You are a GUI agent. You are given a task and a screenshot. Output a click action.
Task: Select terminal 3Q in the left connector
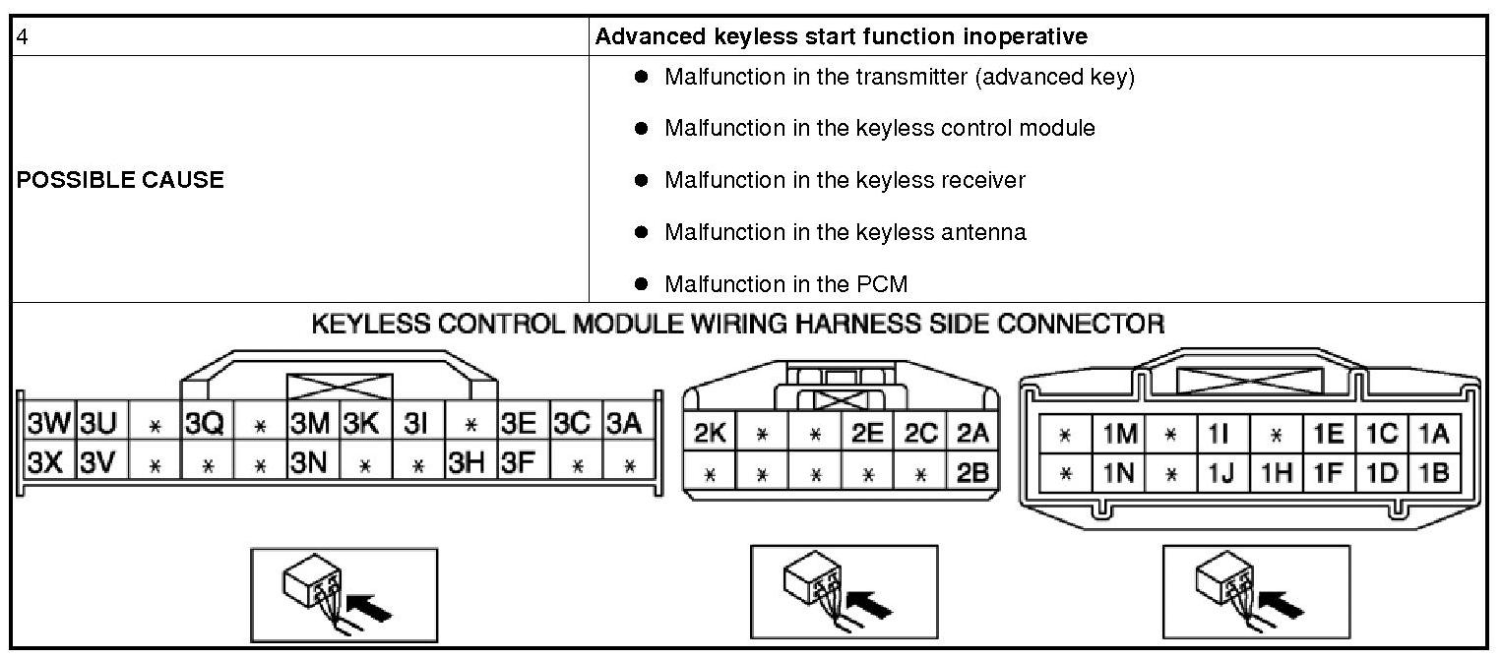pos(205,424)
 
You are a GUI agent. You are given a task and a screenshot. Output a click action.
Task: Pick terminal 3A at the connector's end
pos(624,424)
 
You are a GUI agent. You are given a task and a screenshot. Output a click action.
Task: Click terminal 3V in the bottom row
pos(98,461)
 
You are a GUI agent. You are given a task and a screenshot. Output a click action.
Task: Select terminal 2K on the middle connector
pos(710,434)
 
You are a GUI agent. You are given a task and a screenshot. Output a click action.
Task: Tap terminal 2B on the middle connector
pos(971,472)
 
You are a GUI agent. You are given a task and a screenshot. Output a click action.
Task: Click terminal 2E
pos(867,434)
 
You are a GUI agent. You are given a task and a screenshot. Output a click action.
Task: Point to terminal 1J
pos(1222,473)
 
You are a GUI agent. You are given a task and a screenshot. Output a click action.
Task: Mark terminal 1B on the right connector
pos(1433,473)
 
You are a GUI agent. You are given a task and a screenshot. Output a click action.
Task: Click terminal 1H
pos(1276,473)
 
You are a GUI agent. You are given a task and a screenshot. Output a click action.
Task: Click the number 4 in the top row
pos(23,36)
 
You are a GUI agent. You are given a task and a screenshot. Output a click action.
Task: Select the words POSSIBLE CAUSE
pos(120,180)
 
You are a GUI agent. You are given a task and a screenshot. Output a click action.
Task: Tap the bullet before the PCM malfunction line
pos(641,284)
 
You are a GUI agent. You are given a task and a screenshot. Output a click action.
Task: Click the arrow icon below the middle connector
pos(867,602)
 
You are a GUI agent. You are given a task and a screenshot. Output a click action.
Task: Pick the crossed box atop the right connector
pos(1249,380)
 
